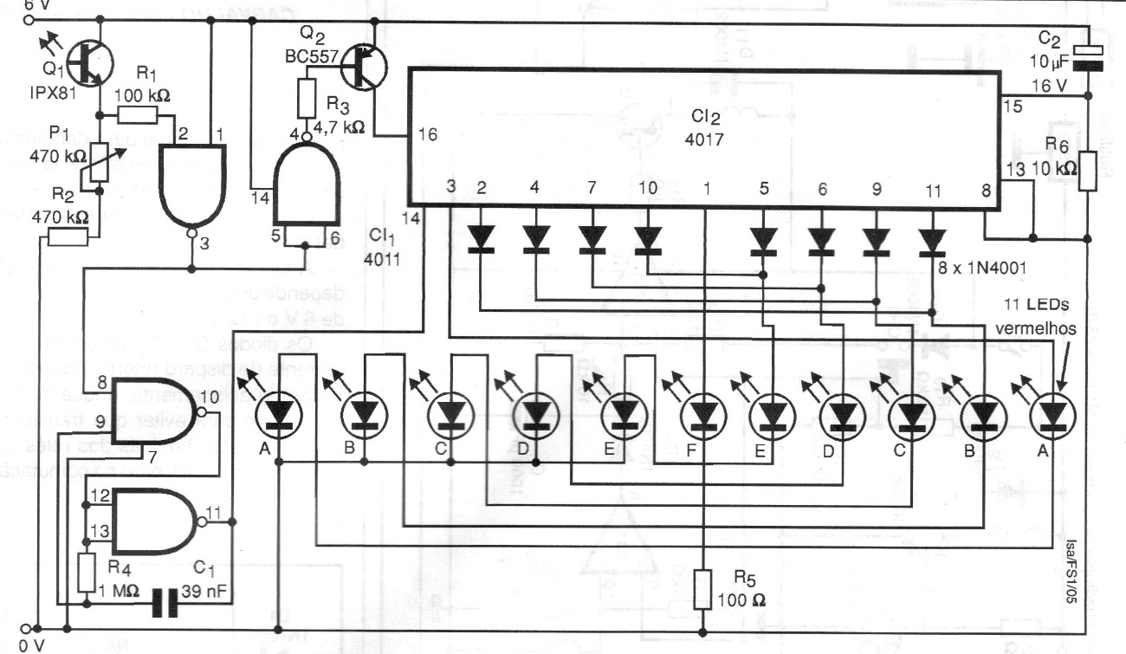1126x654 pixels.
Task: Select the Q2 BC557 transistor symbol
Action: pos(365,67)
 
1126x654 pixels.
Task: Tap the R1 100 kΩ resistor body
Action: pos(137,116)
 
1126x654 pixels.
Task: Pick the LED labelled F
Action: pos(702,417)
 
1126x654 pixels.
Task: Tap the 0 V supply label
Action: pos(29,645)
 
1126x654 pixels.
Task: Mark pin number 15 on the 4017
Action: pos(1011,107)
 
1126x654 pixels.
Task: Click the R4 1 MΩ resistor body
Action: pos(85,573)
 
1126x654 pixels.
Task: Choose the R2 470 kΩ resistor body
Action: pos(68,236)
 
